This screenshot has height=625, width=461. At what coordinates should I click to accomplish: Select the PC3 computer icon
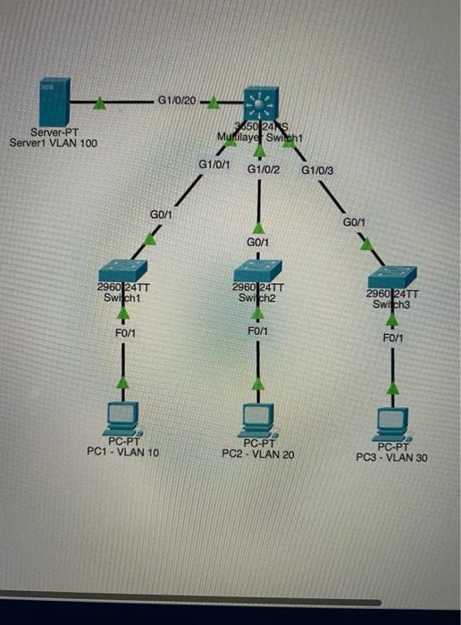click(393, 421)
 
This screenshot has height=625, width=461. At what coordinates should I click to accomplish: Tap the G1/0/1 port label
click(214, 164)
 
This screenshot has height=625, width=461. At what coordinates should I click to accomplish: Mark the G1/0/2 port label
click(264, 169)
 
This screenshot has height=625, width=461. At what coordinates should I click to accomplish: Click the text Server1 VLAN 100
click(53, 142)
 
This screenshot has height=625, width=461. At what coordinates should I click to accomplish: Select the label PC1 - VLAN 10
click(122, 453)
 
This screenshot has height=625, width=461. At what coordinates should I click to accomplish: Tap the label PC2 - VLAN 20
click(258, 454)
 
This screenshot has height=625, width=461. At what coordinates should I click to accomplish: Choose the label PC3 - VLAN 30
click(392, 458)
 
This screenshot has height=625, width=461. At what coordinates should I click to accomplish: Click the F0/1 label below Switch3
click(393, 338)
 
